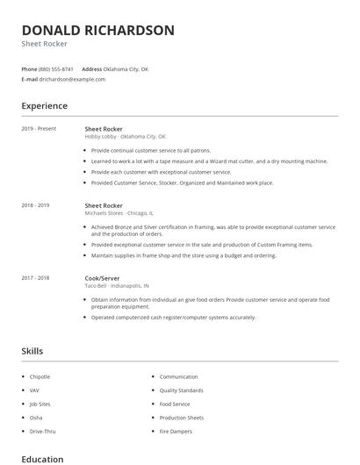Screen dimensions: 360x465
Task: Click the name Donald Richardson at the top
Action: coord(97,30)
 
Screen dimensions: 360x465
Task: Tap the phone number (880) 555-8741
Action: coord(56,68)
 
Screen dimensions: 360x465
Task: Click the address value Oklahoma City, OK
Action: coord(127,68)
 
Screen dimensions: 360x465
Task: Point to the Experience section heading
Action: coord(44,106)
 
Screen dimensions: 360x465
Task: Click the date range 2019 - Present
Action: coord(39,128)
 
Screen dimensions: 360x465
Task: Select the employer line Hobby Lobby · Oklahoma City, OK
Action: coord(125,137)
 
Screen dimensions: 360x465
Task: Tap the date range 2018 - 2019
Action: coord(35,205)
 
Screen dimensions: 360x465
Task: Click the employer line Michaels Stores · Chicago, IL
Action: coord(119,213)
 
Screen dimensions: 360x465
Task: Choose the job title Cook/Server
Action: coord(104,277)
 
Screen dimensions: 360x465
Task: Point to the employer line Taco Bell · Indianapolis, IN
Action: coord(117,286)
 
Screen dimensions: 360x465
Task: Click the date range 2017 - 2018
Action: coord(35,277)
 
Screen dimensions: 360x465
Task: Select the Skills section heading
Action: coord(32,351)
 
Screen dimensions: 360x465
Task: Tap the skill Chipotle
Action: coord(40,376)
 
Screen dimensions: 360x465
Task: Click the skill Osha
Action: coord(35,418)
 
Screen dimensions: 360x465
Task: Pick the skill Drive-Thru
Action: coord(41,432)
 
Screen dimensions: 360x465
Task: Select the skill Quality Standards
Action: coord(181,390)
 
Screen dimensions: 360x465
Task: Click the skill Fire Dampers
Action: coord(176,432)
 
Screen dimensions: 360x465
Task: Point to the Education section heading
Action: coord(42,459)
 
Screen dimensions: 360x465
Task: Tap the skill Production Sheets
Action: coord(181,418)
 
